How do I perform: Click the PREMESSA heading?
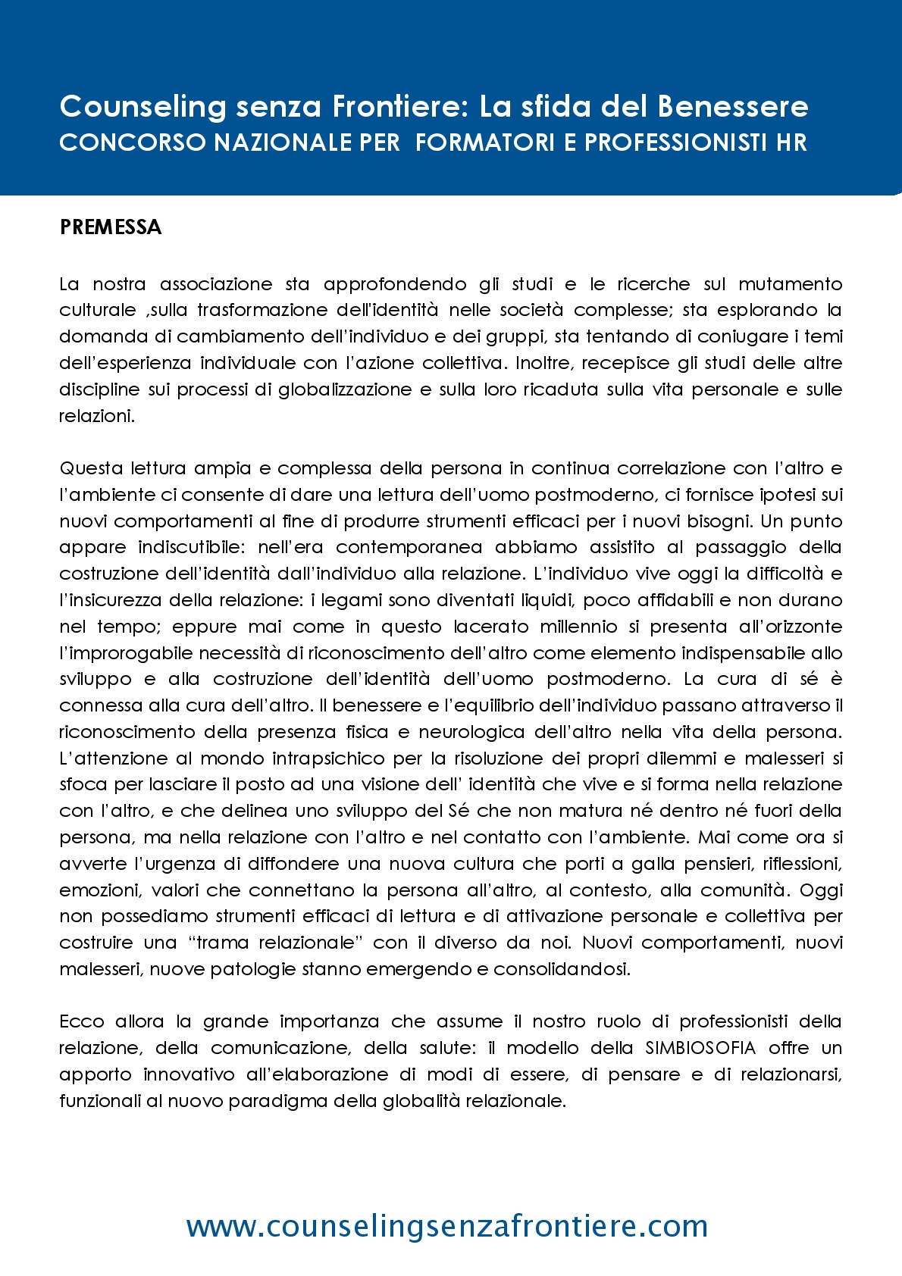click(111, 227)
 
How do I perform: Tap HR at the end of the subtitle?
click(791, 142)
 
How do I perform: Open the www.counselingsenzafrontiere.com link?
click(447, 1226)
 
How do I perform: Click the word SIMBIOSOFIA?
click(700, 1048)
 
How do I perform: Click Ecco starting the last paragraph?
click(81, 1021)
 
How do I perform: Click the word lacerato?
click(491, 627)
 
